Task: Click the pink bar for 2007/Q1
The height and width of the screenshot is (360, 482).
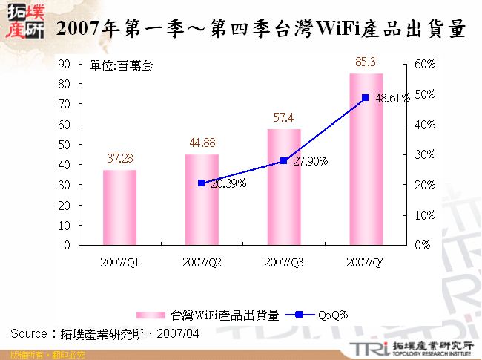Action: tap(119, 207)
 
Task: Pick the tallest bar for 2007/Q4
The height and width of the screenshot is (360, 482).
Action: tap(366, 159)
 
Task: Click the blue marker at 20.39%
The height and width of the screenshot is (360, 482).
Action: tap(202, 183)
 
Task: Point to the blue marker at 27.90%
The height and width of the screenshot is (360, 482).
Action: tap(284, 160)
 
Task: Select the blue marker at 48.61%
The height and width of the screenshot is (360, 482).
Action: tap(366, 97)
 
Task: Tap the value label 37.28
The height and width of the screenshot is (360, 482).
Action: tap(120, 159)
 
